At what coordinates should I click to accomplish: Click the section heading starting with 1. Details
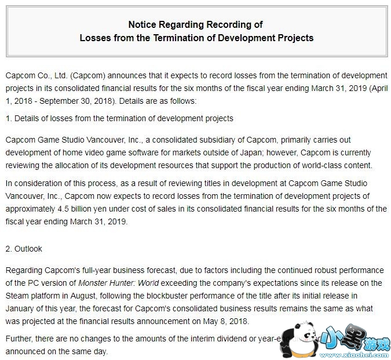[x=119, y=119]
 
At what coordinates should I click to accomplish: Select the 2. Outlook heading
[x=24, y=249]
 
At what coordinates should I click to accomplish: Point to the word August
[x=92, y=296]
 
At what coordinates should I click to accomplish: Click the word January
[x=22, y=309]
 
